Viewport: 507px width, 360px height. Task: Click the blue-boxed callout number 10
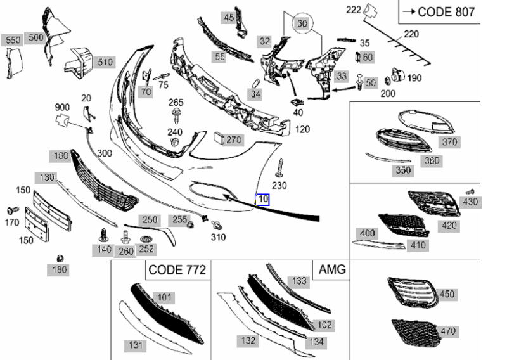(x=262, y=199)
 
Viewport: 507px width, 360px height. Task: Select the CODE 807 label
(x=446, y=12)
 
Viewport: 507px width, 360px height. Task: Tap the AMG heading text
(x=332, y=269)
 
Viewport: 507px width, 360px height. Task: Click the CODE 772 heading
(x=177, y=269)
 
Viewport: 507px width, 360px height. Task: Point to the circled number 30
(x=302, y=23)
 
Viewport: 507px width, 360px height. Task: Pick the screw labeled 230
(x=280, y=168)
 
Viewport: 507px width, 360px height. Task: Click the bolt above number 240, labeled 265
(x=176, y=116)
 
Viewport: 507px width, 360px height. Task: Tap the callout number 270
(x=234, y=139)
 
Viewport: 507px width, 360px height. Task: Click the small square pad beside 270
(x=219, y=138)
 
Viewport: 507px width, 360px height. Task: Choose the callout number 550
(x=13, y=40)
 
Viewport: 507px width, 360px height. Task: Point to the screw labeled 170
(x=13, y=210)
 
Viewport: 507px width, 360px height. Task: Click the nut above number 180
(x=60, y=259)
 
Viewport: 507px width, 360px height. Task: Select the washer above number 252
(x=147, y=240)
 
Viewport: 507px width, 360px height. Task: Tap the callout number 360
(x=432, y=160)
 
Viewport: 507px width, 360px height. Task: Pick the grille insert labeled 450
(x=413, y=292)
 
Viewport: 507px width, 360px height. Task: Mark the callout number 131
(x=136, y=345)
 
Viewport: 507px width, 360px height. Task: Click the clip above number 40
(x=297, y=103)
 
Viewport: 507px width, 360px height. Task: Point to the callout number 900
(x=62, y=107)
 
